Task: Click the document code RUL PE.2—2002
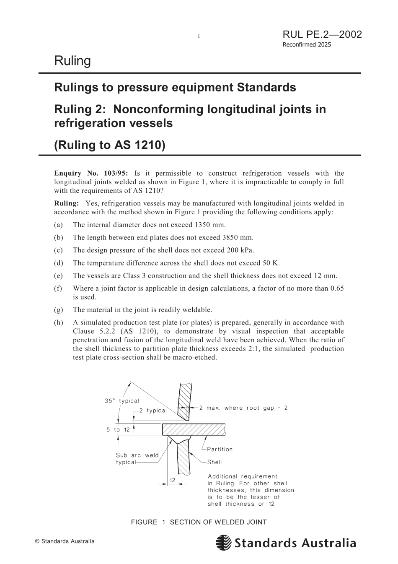pos(322,34)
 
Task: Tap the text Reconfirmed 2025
pos(306,45)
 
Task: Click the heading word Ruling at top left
pos(72,61)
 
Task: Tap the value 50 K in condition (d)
pos(271,263)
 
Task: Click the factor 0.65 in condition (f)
pos(337,288)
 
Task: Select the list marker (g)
pos(59,310)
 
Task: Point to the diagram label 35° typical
pos(121,401)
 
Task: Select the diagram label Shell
pos(215,462)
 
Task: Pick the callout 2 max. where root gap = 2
pos(243,408)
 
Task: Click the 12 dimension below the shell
pos(172,480)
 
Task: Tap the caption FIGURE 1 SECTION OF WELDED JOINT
pos(199,522)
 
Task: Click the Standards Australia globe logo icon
pos(224,543)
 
